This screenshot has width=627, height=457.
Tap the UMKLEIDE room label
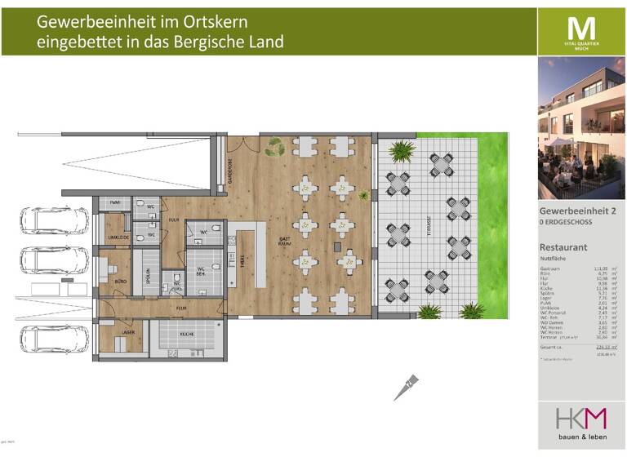click(x=118, y=237)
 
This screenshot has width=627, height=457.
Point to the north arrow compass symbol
click(x=407, y=388)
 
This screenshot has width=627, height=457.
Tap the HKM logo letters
click(x=581, y=419)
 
